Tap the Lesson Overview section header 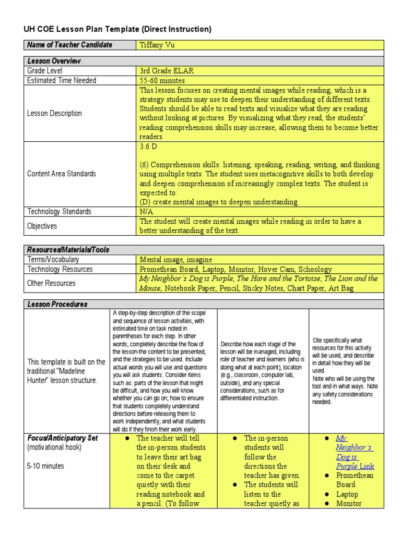point(54,61)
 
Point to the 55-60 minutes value point(162,80)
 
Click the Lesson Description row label point(54,113)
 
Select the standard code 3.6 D point(148,147)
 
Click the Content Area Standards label point(62,174)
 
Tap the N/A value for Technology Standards point(146,212)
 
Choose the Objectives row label point(42,226)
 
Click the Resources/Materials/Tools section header point(68,250)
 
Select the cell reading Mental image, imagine point(176,259)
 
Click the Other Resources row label point(51,283)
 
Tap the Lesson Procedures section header point(57,304)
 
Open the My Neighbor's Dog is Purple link point(355,452)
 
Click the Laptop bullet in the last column point(347,494)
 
